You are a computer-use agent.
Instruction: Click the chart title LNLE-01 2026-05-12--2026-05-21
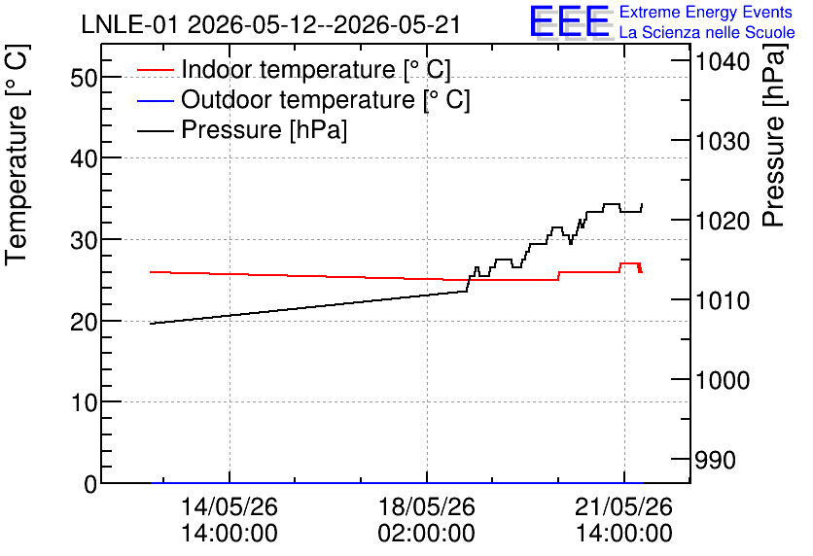click(270, 24)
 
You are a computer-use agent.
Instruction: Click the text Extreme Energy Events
click(706, 12)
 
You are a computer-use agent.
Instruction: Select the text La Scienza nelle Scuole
click(707, 32)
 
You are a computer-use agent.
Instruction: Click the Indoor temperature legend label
click(316, 69)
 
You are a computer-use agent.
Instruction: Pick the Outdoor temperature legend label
click(325, 99)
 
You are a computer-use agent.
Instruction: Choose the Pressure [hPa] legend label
click(264, 129)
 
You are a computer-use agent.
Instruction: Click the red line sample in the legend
click(155, 69)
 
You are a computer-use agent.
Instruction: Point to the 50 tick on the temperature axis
click(84, 77)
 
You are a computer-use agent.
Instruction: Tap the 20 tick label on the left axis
click(84, 322)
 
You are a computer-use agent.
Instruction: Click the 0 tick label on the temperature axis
click(90, 483)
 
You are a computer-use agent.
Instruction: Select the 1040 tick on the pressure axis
click(723, 61)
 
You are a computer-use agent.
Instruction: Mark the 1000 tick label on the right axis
click(723, 380)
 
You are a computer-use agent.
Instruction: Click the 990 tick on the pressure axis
click(715, 460)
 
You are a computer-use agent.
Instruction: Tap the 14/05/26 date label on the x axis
click(230, 506)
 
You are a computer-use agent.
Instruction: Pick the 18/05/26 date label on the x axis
click(427, 506)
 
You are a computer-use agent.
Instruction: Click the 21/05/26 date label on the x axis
click(623, 506)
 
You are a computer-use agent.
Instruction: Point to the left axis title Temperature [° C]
click(18, 156)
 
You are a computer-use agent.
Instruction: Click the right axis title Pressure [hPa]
click(774, 136)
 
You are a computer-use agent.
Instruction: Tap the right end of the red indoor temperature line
click(642, 271)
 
